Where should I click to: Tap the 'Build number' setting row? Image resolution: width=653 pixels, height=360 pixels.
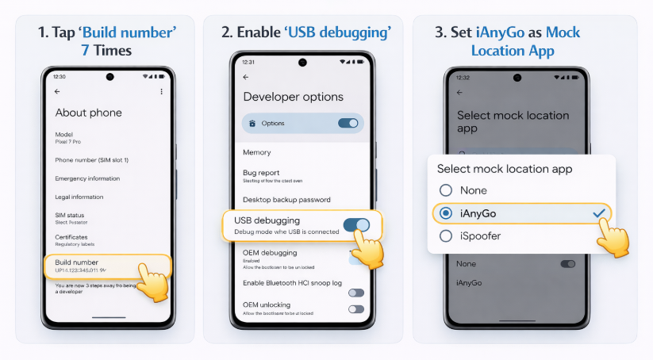tap(95, 266)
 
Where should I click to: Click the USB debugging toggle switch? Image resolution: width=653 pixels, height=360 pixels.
tap(356, 224)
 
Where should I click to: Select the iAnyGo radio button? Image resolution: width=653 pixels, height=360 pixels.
tap(446, 213)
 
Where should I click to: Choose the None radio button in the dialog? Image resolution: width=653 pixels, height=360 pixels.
tap(446, 190)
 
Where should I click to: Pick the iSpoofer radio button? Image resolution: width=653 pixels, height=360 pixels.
tap(446, 236)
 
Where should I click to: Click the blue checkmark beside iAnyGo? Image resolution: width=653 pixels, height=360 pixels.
tap(599, 213)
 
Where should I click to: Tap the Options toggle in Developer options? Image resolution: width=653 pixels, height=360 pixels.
tap(348, 123)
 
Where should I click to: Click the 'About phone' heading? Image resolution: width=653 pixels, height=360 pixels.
tap(88, 113)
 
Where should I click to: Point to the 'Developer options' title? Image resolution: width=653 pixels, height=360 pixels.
tap(293, 97)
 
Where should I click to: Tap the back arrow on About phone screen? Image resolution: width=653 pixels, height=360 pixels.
tap(57, 92)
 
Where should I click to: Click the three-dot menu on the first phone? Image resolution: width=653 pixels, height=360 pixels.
tap(161, 92)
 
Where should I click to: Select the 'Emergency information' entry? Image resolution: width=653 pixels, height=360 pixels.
tap(87, 178)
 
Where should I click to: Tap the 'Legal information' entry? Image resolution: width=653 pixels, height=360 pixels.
tap(79, 197)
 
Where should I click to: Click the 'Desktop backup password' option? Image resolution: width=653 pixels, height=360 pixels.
tap(286, 200)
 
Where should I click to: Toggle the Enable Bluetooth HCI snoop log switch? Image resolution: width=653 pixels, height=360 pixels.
tap(355, 293)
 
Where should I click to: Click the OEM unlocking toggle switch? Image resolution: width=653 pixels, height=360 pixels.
tap(355, 309)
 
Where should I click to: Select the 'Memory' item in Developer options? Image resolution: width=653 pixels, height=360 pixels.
tap(256, 152)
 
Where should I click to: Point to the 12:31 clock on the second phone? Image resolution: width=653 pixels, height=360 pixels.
tap(248, 62)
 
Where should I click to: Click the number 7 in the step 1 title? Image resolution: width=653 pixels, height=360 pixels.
tap(85, 50)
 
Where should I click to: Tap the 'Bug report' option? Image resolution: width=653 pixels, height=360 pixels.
tap(261, 172)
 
